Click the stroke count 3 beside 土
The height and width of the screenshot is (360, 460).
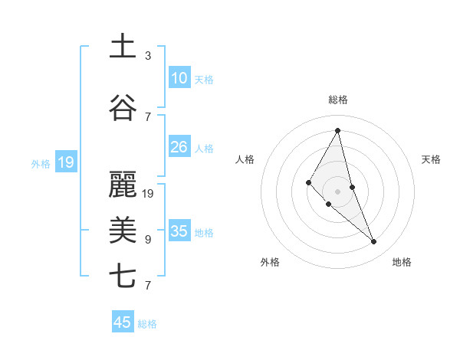[x=148, y=56]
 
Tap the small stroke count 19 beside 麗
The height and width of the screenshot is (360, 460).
[x=149, y=194]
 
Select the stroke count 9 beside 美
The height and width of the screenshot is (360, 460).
[x=148, y=240]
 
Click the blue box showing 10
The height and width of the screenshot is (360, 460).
[x=179, y=78]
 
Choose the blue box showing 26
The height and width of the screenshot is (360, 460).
[x=179, y=147]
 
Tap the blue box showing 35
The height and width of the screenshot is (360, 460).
[x=179, y=231]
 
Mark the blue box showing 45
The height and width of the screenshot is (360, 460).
[x=123, y=322]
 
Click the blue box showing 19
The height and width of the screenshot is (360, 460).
[x=65, y=162]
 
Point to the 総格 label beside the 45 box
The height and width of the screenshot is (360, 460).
[x=147, y=324]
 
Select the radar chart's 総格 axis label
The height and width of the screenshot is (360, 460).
[x=338, y=100]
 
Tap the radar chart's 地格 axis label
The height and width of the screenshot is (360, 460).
[x=402, y=262]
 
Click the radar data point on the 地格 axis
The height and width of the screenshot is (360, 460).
[x=374, y=241]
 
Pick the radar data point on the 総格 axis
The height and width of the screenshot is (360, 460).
[x=338, y=130]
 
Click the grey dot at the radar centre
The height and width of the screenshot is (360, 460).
[x=337, y=191]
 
